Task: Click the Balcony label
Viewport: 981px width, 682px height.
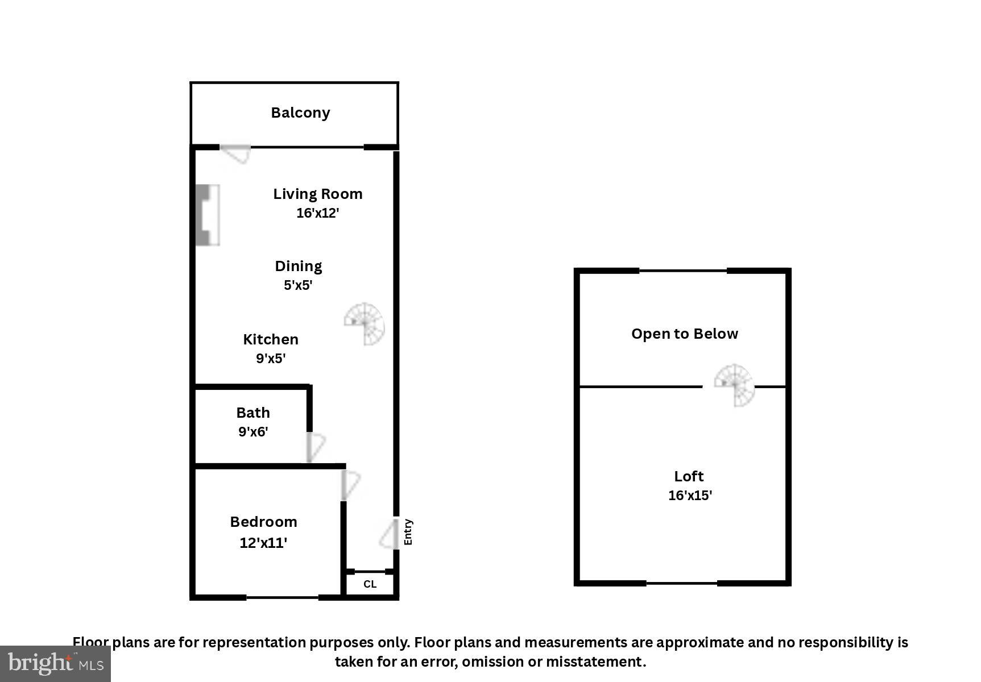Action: coord(300,113)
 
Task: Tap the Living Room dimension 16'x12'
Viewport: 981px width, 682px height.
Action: coord(317,213)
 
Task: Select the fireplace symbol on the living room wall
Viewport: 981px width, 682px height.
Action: coord(207,215)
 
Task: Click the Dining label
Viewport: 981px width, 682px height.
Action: coord(299,266)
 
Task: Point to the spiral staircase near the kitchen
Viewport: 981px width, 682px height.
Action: coord(365,324)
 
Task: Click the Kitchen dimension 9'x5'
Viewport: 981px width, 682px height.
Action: coord(271,359)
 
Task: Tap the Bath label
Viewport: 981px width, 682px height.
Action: coord(253,413)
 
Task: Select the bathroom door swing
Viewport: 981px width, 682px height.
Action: coord(316,447)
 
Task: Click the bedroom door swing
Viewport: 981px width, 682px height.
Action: coord(350,485)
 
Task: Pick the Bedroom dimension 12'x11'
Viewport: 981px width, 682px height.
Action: coord(263,543)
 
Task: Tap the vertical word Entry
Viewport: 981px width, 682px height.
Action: coord(408,533)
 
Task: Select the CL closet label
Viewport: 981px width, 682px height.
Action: coord(370,584)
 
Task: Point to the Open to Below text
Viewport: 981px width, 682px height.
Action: coord(685,334)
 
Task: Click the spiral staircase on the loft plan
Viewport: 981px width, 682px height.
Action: coord(735,385)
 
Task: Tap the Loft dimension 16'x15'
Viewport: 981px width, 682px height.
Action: coord(690,496)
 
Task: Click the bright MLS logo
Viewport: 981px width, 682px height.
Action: coord(55,663)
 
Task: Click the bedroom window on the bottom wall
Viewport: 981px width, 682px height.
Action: coord(282,597)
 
